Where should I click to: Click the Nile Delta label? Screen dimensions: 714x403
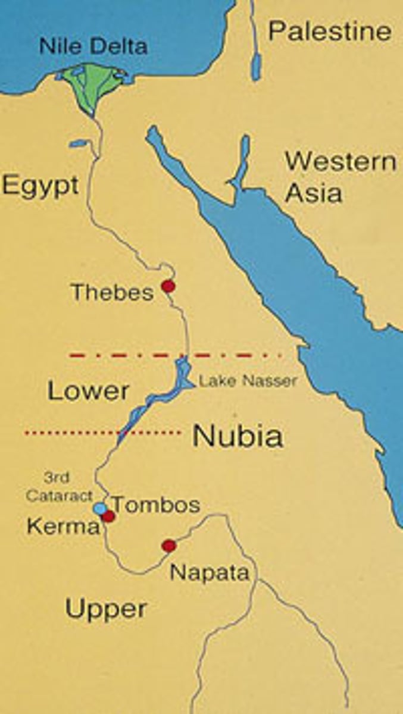(x=93, y=46)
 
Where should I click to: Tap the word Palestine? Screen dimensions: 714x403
(x=330, y=30)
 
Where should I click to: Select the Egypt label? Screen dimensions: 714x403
(x=40, y=185)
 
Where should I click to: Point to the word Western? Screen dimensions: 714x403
(x=340, y=162)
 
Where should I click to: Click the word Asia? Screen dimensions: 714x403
(x=313, y=193)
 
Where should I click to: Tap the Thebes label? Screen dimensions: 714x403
(x=112, y=292)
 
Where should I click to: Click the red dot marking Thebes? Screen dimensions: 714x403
(x=168, y=286)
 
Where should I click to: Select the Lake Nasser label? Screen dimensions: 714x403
(x=248, y=381)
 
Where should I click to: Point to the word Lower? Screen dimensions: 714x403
(x=88, y=391)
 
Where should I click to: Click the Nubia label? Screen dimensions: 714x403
(x=238, y=437)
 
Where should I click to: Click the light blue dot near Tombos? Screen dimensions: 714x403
(x=100, y=509)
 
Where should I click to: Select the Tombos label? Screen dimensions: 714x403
(x=156, y=505)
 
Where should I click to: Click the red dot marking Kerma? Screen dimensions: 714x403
(x=108, y=516)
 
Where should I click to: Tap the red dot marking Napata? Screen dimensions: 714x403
(x=169, y=545)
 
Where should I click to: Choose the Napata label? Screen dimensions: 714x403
(x=209, y=572)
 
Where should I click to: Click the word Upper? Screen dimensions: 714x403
(x=106, y=609)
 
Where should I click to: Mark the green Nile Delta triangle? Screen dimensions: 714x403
(x=90, y=83)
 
